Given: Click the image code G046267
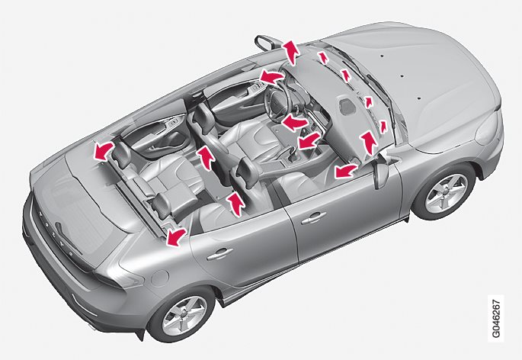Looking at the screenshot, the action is pyautogui.click(x=495, y=318).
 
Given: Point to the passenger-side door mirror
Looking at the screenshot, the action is pyautogui.click(x=380, y=170).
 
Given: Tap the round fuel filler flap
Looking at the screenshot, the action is pyautogui.click(x=160, y=278).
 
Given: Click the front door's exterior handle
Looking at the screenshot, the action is pyautogui.click(x=313, y=218).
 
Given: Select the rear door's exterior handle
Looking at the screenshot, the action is pyautogui.click(x=219, y=254).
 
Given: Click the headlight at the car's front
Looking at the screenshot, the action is pyautogui.click(x=488, y=128).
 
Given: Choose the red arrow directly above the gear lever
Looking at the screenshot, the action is pyautogui.click(x=309, y=140).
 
